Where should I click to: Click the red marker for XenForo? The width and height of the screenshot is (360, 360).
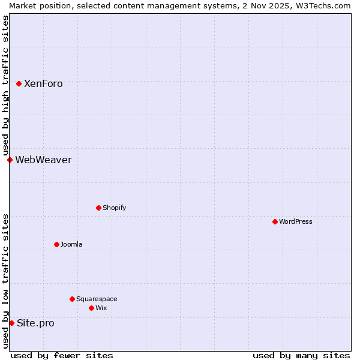[x=19, y=83]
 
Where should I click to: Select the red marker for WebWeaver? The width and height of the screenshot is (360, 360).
[x=10, y=160]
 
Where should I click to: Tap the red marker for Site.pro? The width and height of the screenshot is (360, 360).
[x=12, y=323]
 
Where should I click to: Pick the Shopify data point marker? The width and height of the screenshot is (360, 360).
[x=99, y=208]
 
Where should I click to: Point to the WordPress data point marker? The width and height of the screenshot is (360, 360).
[x=275, y=221]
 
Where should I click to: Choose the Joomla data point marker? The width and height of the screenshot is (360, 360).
[x=57, y=244]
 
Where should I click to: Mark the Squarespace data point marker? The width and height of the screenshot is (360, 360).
[x=73, y=299]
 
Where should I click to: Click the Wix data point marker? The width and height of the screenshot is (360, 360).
[x=92, y=308]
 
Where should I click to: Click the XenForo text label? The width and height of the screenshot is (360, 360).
[x=43, y=84]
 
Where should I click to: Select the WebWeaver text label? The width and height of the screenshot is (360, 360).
[x=43, y=160]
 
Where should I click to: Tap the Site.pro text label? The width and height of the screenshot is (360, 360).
[x=35, y=323]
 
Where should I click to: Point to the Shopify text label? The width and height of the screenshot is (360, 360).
[x=114, y=208]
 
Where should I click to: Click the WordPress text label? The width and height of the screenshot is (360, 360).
[x=296, y=222]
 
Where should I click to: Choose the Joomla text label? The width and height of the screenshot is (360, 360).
[x=71, y=245]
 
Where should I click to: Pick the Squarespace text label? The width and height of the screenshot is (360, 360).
[x=97, y=299]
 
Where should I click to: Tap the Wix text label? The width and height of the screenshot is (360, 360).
[x=101, y=308]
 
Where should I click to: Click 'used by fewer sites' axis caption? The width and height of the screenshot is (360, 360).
[x=62, y=355]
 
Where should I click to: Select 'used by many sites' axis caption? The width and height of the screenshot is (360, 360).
[x=301, y=355]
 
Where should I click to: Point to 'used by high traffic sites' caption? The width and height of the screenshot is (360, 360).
[x=5, y=86]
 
